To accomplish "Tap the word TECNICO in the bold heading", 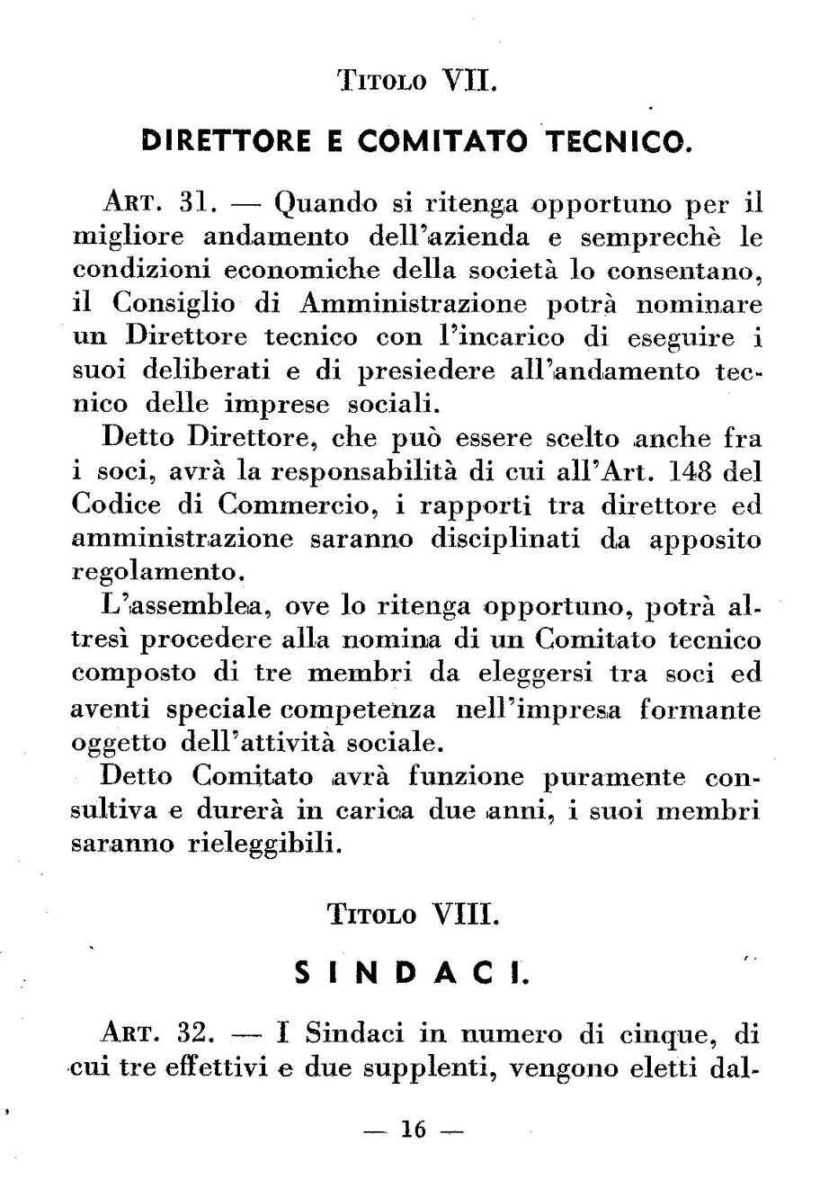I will pyautogui.click(x=615, y=141).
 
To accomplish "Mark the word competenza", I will pyautogui.click(x=359, y=710).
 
